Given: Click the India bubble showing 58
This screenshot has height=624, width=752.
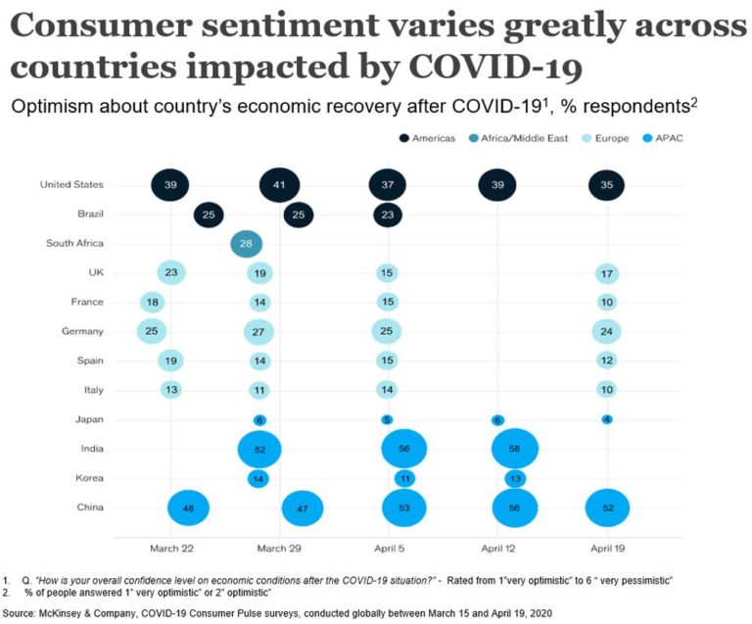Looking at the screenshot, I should (x=509, y=450).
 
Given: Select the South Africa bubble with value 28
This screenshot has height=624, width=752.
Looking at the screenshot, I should (x=246, y=243).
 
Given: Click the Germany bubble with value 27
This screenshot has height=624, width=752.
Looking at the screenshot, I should (x=258, y=332).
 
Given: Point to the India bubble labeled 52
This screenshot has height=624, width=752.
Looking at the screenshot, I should (x=259, y=450).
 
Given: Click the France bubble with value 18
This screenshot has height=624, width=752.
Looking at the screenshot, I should (x=154, y=303).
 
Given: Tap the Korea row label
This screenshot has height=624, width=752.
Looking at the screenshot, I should (x=90, y=479).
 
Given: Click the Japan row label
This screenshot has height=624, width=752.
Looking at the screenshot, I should (x=90, y=420).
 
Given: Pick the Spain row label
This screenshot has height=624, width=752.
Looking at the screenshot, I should (x=91, y=361).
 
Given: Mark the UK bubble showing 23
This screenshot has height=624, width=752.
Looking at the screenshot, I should (x=170, y=273).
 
